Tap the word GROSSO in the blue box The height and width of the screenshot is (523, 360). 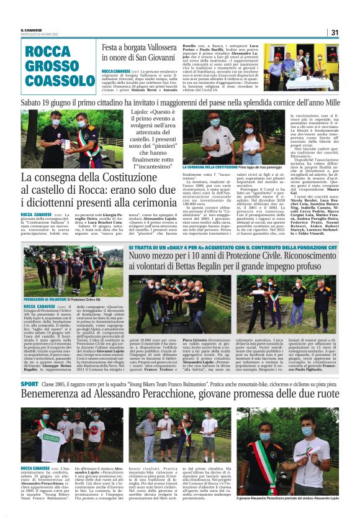[52, 65]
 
